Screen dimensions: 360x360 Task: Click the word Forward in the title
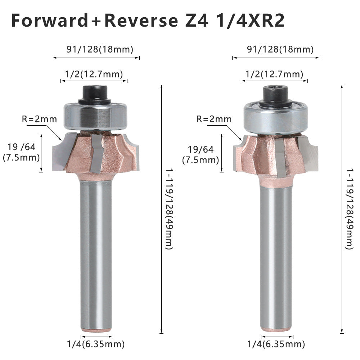pos(50,21)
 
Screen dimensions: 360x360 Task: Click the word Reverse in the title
pos(141,21)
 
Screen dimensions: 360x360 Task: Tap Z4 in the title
pos(197,21)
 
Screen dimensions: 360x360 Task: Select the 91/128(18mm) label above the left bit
pos(100,49)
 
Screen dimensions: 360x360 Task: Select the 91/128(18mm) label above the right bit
pos(280,49)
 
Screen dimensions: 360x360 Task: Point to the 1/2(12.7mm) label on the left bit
pos(94,74)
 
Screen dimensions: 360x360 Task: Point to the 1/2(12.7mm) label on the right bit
pos(274,74)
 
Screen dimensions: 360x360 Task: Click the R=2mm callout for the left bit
pos(39,119)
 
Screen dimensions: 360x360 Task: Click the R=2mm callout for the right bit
pos(214,119)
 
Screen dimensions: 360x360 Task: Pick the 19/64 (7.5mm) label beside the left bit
pos(21,152)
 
